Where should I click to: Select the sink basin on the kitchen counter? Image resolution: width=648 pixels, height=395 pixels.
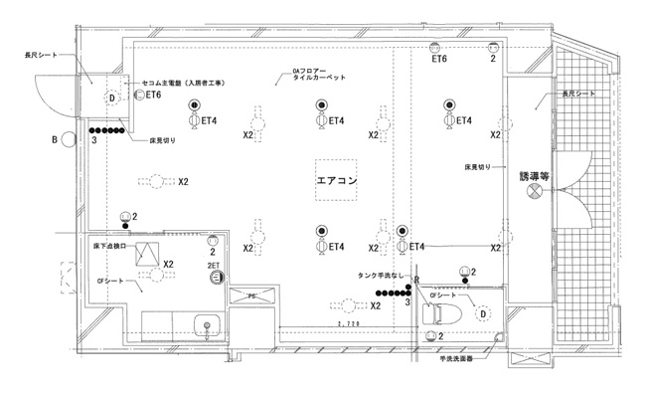[208, 324]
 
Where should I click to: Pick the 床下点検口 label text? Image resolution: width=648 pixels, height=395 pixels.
[109, 244]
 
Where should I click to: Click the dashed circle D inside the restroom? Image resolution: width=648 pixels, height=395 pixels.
[482, 314]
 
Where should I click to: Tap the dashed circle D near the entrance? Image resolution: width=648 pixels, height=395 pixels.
[113, 98]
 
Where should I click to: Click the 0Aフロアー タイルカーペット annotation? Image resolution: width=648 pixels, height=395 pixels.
[317, 74]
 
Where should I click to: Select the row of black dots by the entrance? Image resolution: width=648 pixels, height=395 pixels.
[106, 130]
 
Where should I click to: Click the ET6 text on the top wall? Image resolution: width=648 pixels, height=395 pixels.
[438, 59]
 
